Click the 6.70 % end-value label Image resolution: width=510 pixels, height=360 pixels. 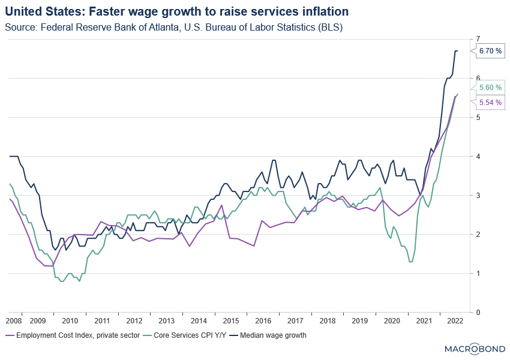(490, 52)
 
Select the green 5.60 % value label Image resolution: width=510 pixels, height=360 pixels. (490, 88)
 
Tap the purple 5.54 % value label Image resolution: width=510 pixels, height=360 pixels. (490, 103)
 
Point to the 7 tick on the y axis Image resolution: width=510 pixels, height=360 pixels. (478, 39)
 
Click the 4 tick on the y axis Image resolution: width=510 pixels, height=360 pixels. (478, 156)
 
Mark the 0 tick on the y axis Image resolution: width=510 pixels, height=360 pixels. (478, 312)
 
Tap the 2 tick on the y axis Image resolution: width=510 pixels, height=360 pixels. (478, 234)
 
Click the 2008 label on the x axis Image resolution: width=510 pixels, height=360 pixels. (13, 321)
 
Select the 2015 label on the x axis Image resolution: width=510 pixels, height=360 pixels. (231, 321)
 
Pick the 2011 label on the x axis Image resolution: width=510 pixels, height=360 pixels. (101, 321)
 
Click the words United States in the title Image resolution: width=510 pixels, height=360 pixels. (37, 11)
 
